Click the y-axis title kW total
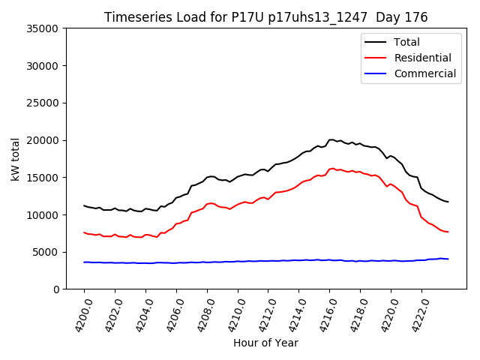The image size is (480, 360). point(16,159)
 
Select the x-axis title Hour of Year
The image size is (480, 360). point(265,343)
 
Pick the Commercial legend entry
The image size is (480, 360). point(424,73)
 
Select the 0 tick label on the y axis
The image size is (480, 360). point(57,289)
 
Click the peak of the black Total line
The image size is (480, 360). point(331,139)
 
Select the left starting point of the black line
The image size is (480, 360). point(84,205)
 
